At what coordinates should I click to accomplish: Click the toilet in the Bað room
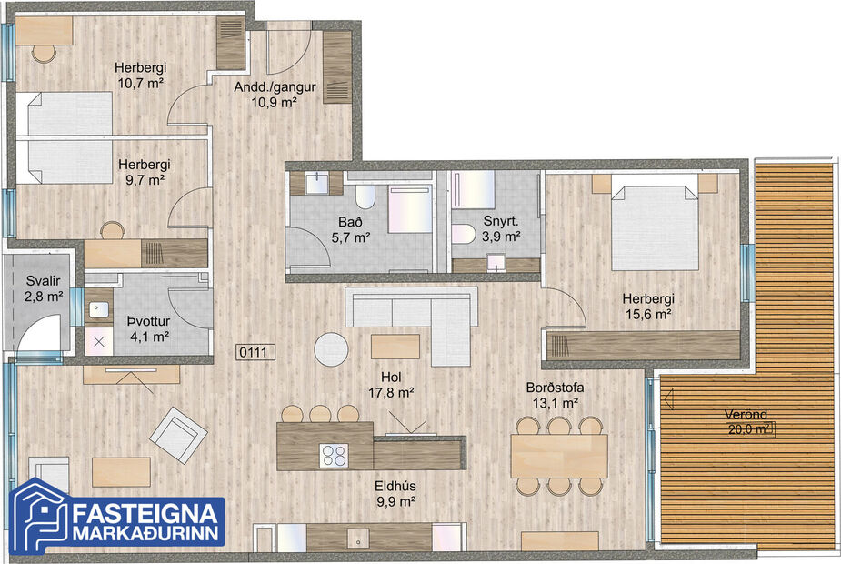coord(365,197)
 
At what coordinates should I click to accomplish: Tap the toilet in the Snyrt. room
coord(463,234)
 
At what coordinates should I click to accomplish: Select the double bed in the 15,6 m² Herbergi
coord(654,227)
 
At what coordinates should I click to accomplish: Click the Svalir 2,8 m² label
coord(44,288)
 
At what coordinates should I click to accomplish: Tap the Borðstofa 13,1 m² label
coord(555,394)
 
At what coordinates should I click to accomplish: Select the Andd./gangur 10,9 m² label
coord(275,94)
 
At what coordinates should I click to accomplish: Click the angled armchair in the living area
coord(178,432)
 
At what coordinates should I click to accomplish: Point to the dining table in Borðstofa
coord(558,455)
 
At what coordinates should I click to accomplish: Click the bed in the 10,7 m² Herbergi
coord(69,115)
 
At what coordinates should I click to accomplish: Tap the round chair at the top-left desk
coord(44,53)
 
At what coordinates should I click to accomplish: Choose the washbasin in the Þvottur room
coord(98,308)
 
